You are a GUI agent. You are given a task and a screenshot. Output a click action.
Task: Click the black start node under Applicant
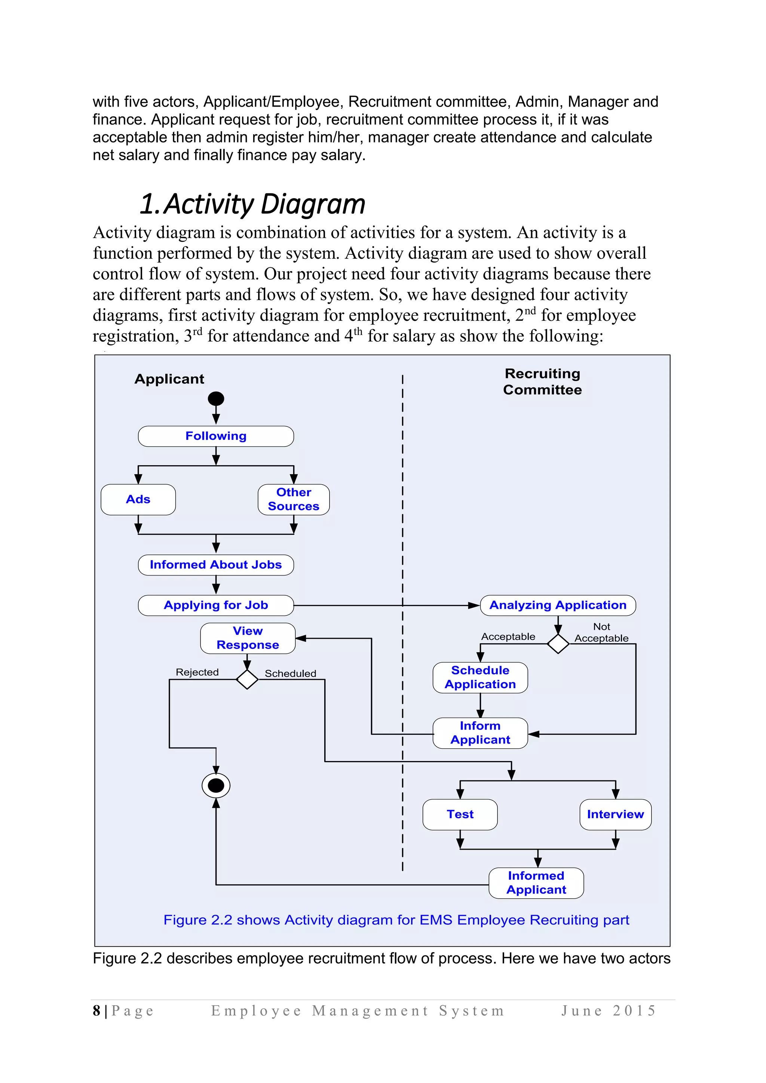tap(216, 399)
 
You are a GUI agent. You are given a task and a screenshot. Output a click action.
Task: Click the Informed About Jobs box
tap(216, 565)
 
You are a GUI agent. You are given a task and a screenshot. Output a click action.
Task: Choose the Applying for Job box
tap(216, 605)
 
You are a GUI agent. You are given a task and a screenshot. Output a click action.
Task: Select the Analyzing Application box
tap(558, 605)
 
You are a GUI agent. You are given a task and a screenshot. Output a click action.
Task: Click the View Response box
tap(248, 638)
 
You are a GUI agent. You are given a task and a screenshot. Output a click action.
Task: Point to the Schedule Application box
tap(480, 677)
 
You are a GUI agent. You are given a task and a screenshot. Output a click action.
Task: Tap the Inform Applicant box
tap(480, 733)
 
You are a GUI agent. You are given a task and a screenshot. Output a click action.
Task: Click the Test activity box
tap(460, 814)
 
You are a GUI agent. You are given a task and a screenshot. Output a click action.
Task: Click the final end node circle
tap(216, 786)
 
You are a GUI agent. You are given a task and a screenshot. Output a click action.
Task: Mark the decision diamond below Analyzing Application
tap(558, 644)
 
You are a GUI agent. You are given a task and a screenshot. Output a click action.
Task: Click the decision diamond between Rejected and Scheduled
tap(247, 679)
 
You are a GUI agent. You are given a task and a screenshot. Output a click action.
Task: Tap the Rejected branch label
tap(197, 672)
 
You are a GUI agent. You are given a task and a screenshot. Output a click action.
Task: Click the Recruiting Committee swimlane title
tap(542, 381)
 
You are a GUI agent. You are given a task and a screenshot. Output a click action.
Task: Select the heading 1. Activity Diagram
tap(253, 204)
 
